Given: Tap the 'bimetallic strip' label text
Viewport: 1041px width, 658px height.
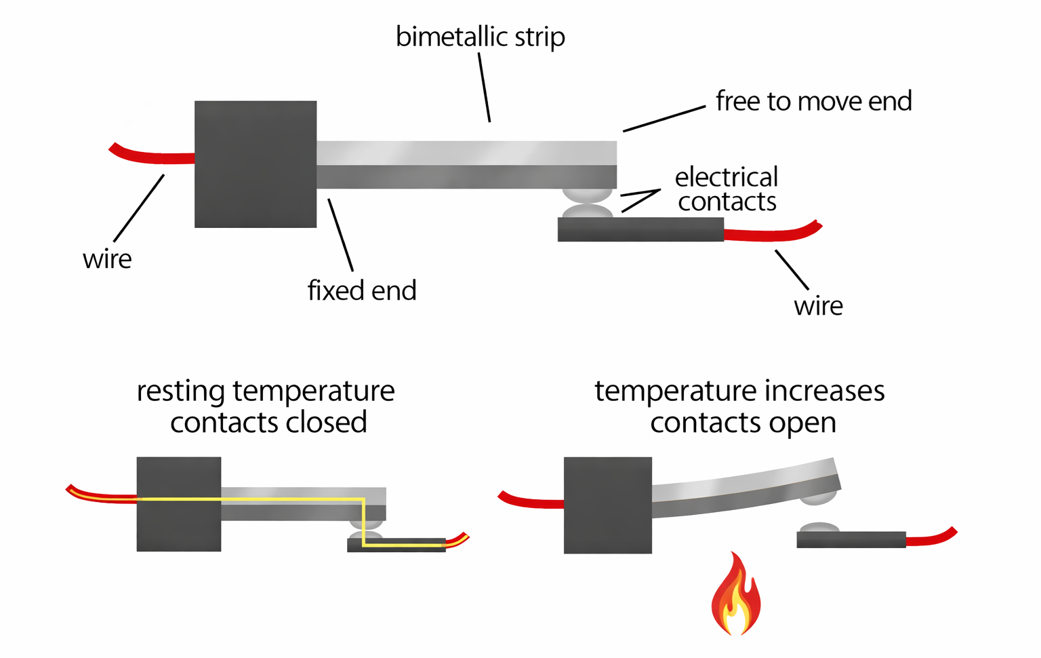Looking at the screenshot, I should tap(480, 37).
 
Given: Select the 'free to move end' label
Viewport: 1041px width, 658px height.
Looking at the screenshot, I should tap(813, 101).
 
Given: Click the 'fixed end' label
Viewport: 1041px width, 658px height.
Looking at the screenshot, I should tap(362, 290).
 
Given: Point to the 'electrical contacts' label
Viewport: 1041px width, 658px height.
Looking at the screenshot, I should tap(727, 189).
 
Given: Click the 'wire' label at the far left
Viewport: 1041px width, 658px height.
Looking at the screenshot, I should tap(107, 259).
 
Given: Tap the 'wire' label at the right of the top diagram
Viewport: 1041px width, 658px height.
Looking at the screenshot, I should tap(818, 306).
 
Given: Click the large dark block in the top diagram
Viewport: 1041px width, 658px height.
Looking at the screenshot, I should tap(256, 164).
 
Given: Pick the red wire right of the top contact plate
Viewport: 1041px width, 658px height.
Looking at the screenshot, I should tap(773, 234).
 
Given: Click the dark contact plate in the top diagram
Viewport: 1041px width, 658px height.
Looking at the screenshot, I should tap(640, 230).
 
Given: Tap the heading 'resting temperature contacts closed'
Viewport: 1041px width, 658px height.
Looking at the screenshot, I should tap(266, 406).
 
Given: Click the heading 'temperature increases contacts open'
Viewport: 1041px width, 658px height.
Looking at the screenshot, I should tap(740, 406).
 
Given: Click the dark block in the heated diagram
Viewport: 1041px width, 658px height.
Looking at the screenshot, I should tap(608, 505).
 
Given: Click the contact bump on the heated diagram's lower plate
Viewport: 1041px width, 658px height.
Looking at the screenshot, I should tap(819, 528).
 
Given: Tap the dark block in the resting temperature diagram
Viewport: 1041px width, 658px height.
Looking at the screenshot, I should tap(179, 504).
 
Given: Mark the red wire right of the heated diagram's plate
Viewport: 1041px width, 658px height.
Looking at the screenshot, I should tap(931, 539).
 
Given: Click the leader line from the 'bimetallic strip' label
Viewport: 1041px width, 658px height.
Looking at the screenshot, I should tap(484, 88).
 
